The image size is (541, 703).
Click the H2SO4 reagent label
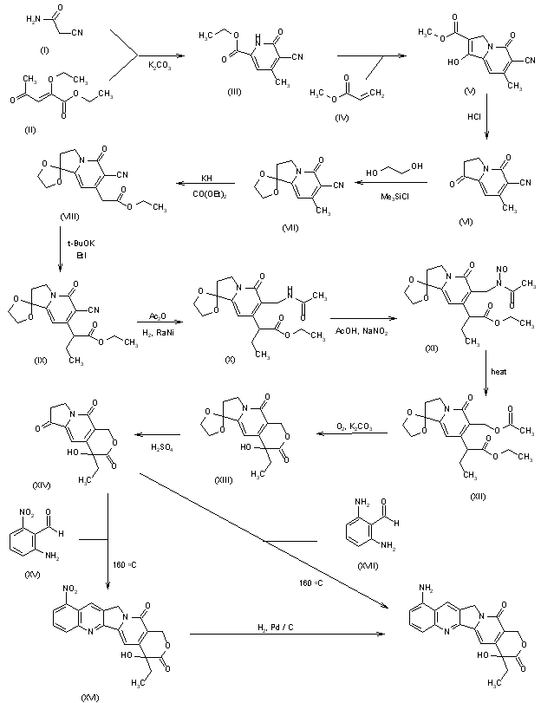click(x=160, y=446)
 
